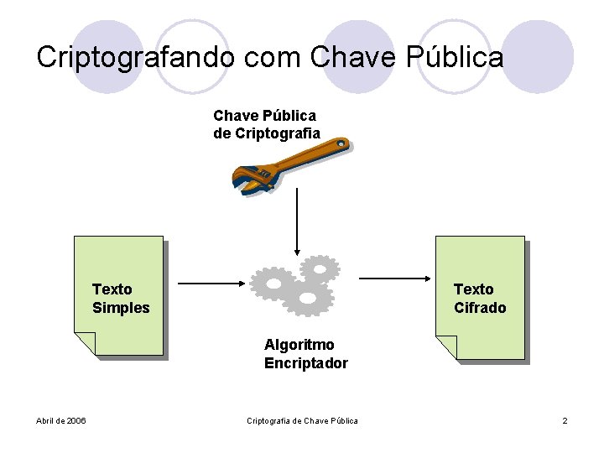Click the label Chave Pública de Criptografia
pyautogui.click(x=266, y=124)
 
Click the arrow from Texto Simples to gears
pyautogui.click(x=211, y=284)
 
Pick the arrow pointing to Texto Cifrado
pyautogui.click(x=394, y=278)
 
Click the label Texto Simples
pyautogui.click(x=121, y=299)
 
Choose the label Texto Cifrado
pyautogui.click(x=480, y=299)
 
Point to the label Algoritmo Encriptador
pyautogui.click(x=305, y=354)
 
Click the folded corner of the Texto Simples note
pyautogui.click(x=86, y=343)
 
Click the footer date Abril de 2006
pyautogui.click(x=61, y=420)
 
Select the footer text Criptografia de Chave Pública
pyautogui.click(x=302, y=420)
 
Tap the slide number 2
pyautogui.click(x=565, y=420)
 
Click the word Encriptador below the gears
pyautogui.click(x=305, y=363)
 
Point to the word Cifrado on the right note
pyautogui.click(x=480, y=308)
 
